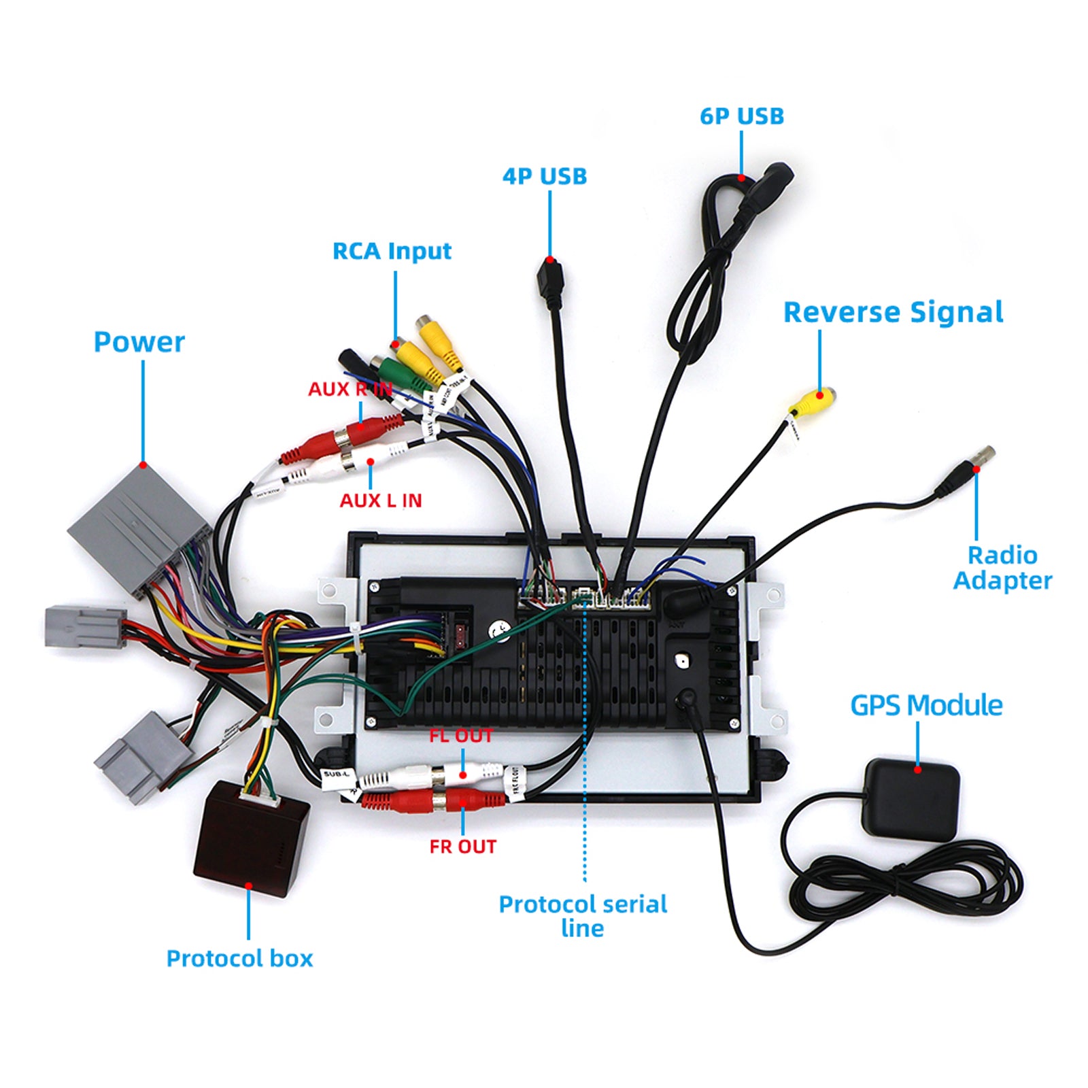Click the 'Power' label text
139,342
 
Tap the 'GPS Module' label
925,705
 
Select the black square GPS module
911,798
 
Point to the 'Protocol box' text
239,958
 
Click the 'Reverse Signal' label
893,312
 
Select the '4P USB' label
544,176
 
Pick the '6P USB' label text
741,116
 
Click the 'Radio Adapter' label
1002,568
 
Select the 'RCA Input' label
392,251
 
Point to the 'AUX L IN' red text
380,500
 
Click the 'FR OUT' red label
462,847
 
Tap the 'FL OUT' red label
460,736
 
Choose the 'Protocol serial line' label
583,915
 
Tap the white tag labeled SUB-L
337,775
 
